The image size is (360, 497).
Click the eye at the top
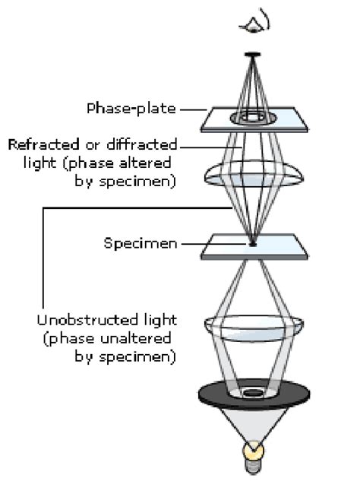coord(253,22)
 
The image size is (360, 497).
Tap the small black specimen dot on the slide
coord(252,244)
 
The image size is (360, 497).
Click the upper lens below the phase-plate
coord(253,173)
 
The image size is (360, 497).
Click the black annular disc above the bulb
coord(220,394)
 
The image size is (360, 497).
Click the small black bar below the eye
coord(253,54)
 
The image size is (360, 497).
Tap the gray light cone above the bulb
coord(253,426)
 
